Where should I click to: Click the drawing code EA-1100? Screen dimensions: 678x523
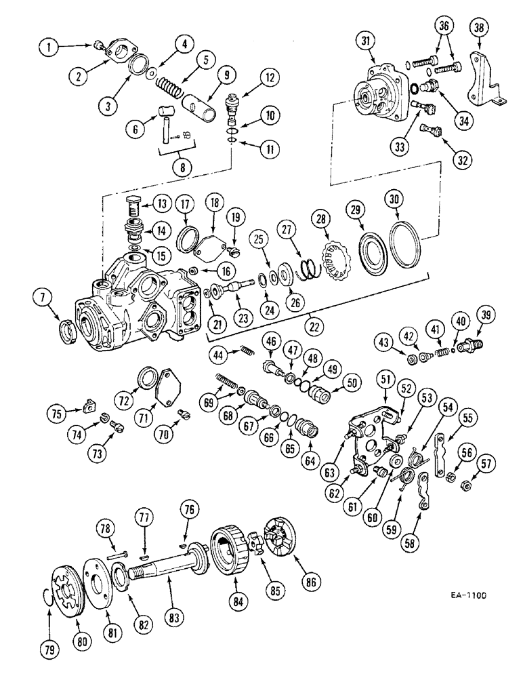pos(467,597)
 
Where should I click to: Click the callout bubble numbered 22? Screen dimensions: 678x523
pos(312,326)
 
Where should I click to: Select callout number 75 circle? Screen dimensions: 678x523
pos(56,412)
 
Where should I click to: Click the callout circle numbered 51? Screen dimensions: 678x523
pos(387,378)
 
